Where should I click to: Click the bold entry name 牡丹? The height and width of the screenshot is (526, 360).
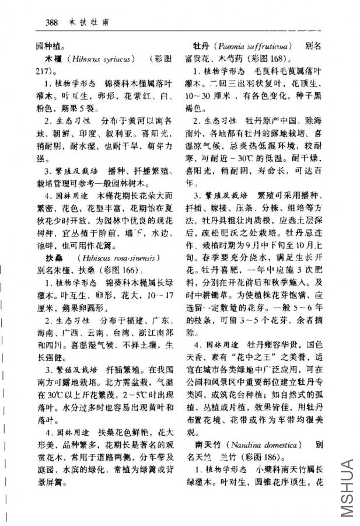201,44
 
